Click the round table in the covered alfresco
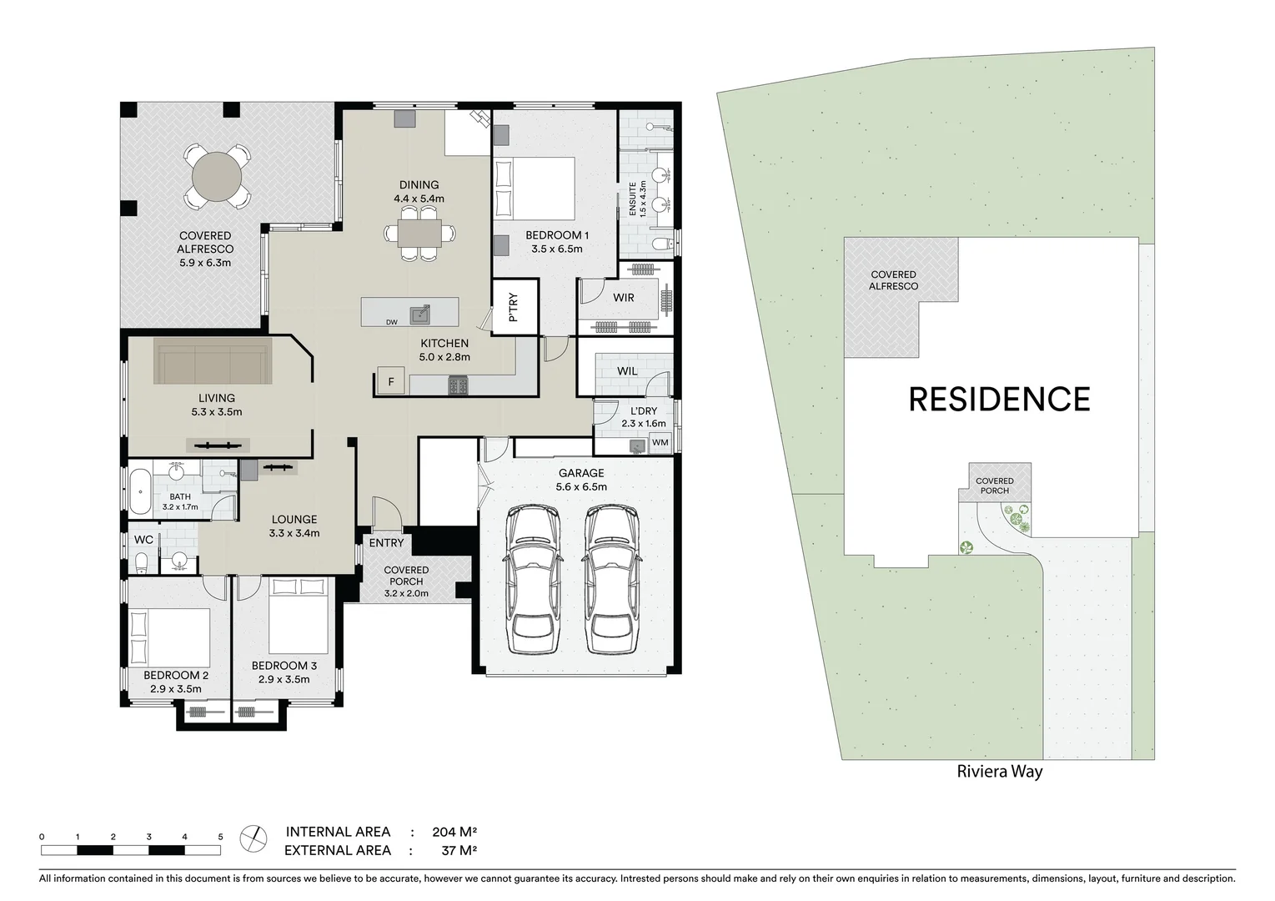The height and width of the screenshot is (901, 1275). tap(216, 177)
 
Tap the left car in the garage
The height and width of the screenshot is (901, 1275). tap(532, 581)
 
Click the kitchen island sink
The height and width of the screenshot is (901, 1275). tap(420, 314)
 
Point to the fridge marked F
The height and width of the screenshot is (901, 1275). tap(390, 382)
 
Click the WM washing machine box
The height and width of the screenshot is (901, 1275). tap(660, 442)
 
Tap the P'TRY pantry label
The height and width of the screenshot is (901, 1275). tap(513, 307)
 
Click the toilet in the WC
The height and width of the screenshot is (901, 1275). tap(141, 562)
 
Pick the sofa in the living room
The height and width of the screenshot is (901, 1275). tap(213, 360)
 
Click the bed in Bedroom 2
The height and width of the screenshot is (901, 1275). tap(169, 637)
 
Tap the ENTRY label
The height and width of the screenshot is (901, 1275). tap(386, 543)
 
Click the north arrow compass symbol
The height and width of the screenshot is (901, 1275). tap(253, 838)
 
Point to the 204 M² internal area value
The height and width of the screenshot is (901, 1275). tap(454, 832)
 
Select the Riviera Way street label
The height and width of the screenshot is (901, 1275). tap(999, 772)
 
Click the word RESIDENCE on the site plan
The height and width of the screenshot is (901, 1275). tap(999, 400)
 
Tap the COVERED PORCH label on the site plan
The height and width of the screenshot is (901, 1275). tap(994, 486)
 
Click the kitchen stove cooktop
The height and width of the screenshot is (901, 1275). tap(458, 385)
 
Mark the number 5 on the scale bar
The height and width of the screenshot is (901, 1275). tap(220, 836)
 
